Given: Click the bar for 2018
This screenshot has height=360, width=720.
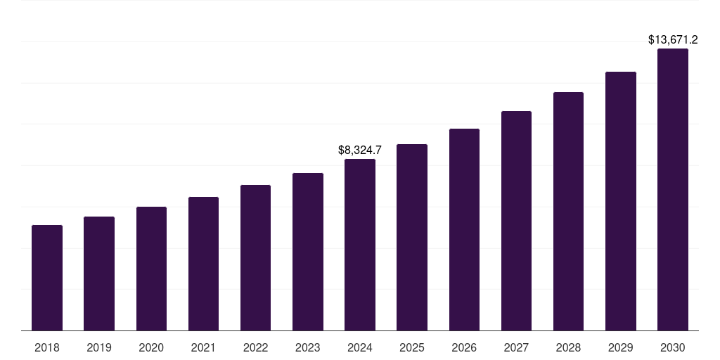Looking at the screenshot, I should pos(47,278).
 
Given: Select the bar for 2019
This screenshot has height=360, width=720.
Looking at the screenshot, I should pos(99,274).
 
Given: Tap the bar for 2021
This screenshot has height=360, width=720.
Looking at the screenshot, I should pos(203,264).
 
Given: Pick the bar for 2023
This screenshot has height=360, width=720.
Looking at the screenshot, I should pos(308,252).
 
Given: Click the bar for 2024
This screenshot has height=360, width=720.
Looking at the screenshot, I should pos(360,245).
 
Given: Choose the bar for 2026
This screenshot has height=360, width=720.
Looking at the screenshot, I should pos(464,230).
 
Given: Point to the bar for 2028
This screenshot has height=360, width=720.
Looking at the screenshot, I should pos(568,211).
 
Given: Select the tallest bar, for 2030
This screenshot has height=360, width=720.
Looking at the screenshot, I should pos(673,190).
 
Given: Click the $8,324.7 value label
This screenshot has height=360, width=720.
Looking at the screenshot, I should pos(360,150).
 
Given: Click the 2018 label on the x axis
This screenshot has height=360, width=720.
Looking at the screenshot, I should pos(47,347).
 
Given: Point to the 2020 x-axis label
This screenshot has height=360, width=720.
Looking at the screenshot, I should pos(151,347).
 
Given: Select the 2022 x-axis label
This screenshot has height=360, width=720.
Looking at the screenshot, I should pos(255,347).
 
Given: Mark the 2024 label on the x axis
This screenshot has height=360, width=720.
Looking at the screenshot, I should pos(360,347).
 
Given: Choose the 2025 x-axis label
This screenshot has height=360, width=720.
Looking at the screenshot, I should pos(412,347).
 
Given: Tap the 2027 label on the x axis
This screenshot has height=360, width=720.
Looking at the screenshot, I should pos(516,347).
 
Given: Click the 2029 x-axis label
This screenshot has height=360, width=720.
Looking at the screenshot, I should pos(620,347).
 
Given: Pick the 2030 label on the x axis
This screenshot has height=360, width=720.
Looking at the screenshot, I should pos(673,347).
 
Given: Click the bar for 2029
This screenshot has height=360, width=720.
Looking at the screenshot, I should pos(621,201).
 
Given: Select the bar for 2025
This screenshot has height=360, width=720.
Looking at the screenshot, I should pos(412,238).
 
